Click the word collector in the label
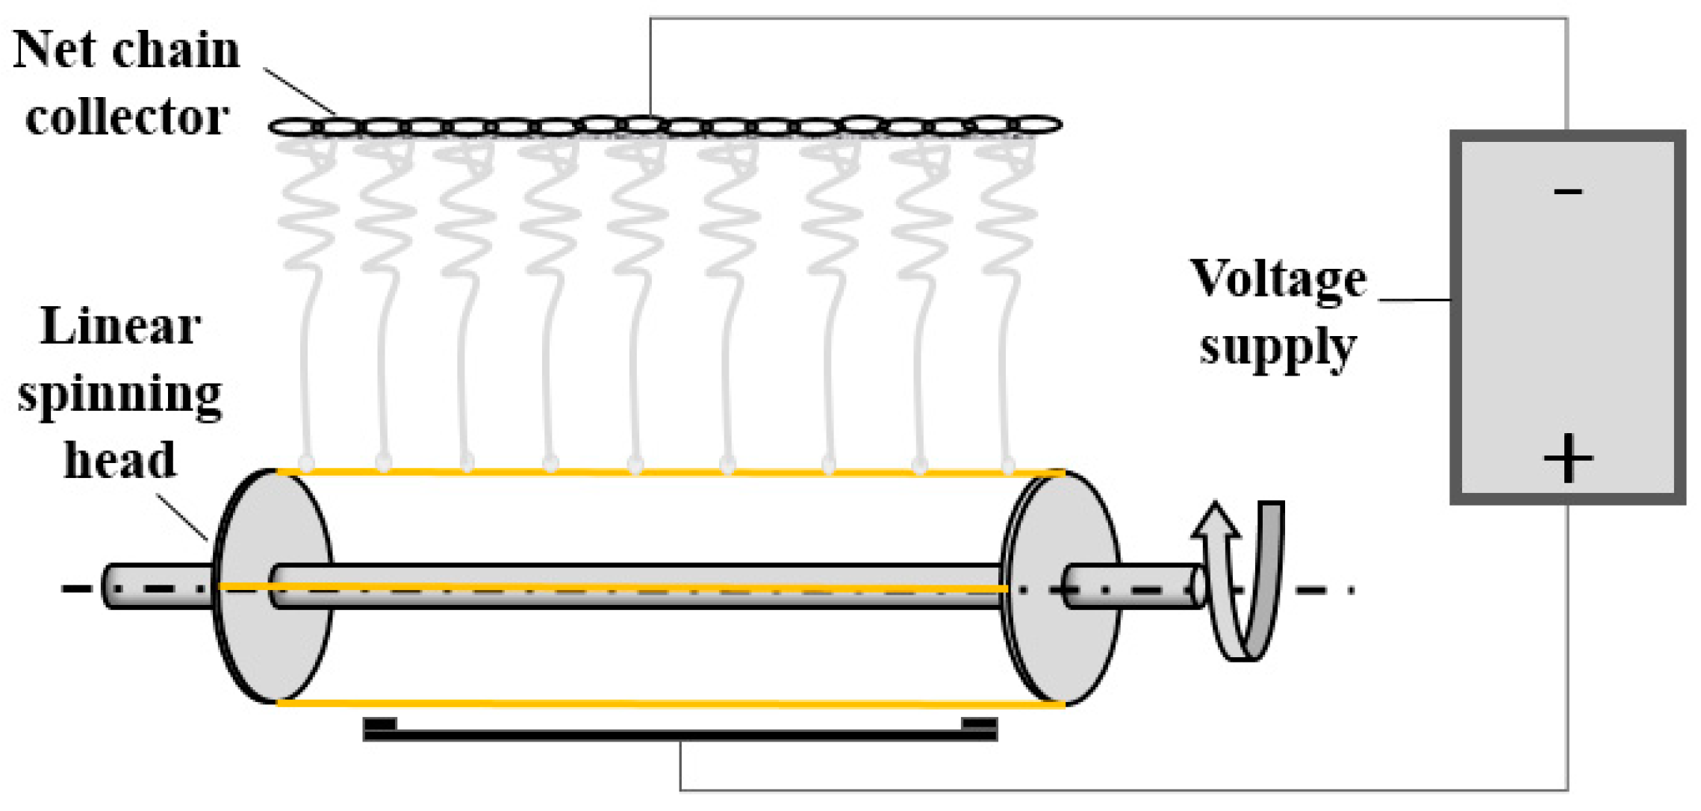[x=126, y=117]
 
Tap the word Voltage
[x=1278, y=280]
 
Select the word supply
[x=1278, y=348]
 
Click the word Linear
[x=120, y=326]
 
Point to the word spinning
[x=119, y=394]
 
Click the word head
[x=120, y=460]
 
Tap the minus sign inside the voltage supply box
[x=1567, y=192]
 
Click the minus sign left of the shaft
[x=75, y=588]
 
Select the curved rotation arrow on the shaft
[x=1243, y=582]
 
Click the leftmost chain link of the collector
[x=293, y=127]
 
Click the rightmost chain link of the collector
[x=1038, y=124]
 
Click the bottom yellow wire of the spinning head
[x=672, y=703]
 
